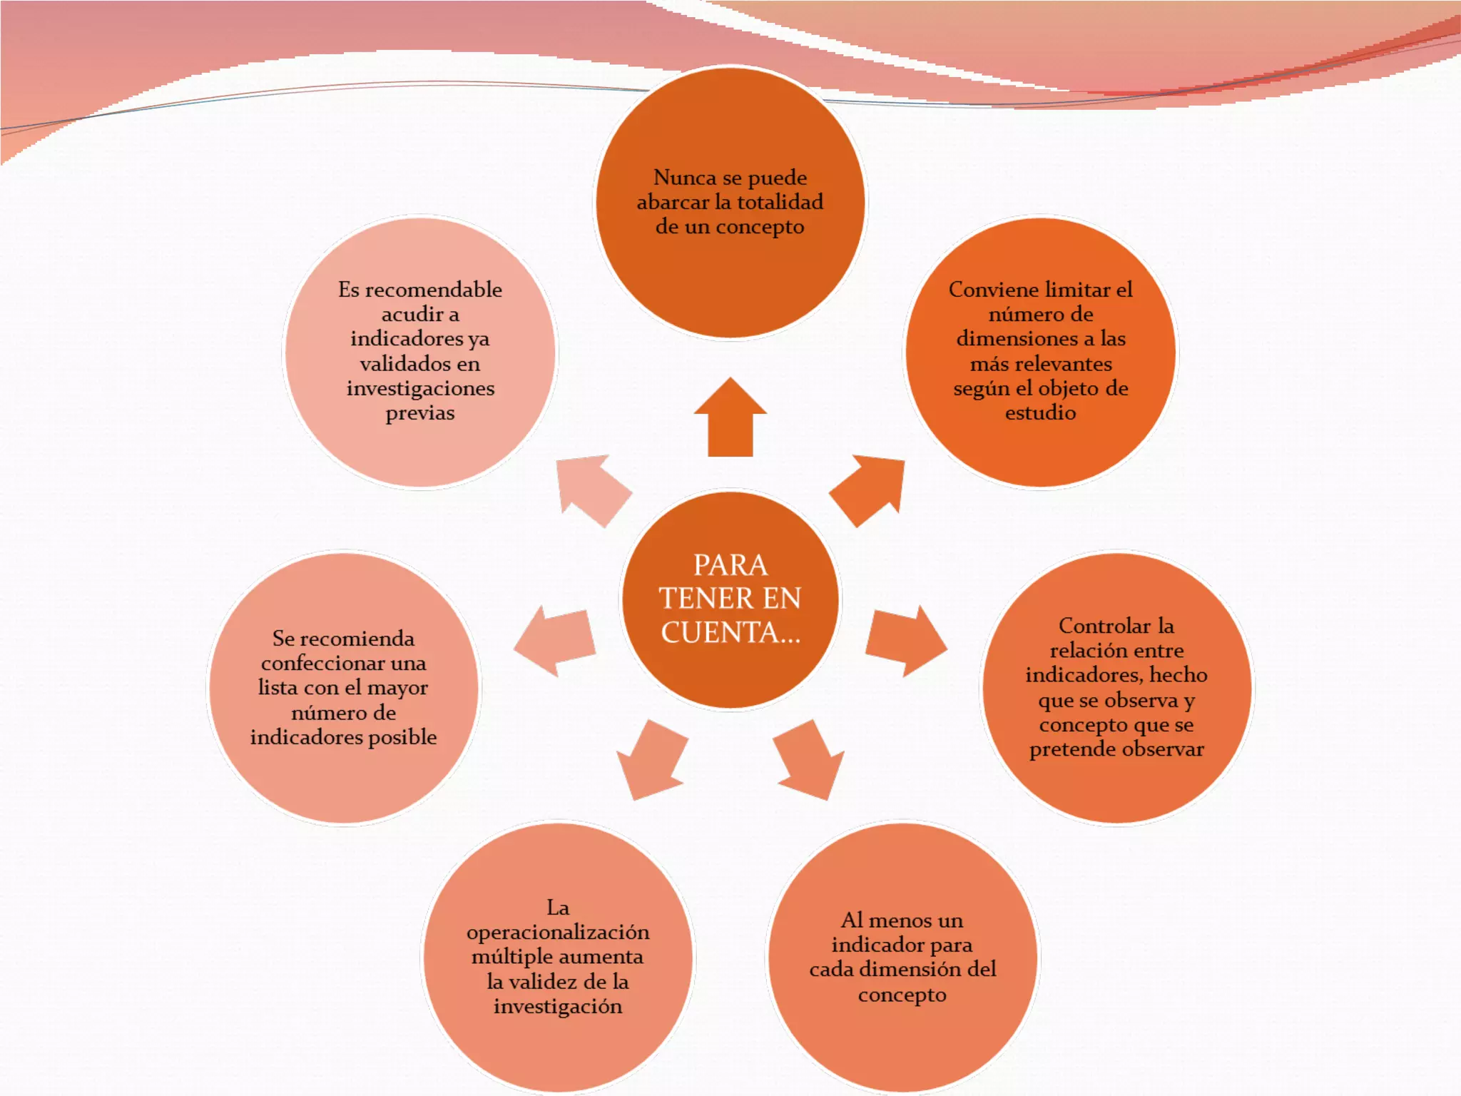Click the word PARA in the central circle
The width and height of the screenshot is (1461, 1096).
pyautogui.click(x=730, y=565)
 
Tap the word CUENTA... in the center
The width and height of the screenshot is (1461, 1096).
pyautogui.click(x=730, y=633)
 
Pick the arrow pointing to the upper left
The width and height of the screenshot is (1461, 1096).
pyautogui.click(x=591, y=489)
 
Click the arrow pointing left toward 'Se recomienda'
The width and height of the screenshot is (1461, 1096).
pyautogui.click(x=556, y=640)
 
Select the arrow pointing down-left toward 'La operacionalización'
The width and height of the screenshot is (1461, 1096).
pyautogui.click(x=651, y=761)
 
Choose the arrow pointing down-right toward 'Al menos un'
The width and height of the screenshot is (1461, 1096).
pyautogui.click(x=810, y=761)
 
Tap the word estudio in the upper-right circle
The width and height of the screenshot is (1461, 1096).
pyautogui.click(x=1041, y=412)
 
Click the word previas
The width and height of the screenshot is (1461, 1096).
pyautogui.click(x=420, y=412)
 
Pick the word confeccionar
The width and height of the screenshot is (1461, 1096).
pyautogui.click(x=315, y=663)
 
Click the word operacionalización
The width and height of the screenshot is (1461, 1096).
pyautogui.click(x=558, y=933)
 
